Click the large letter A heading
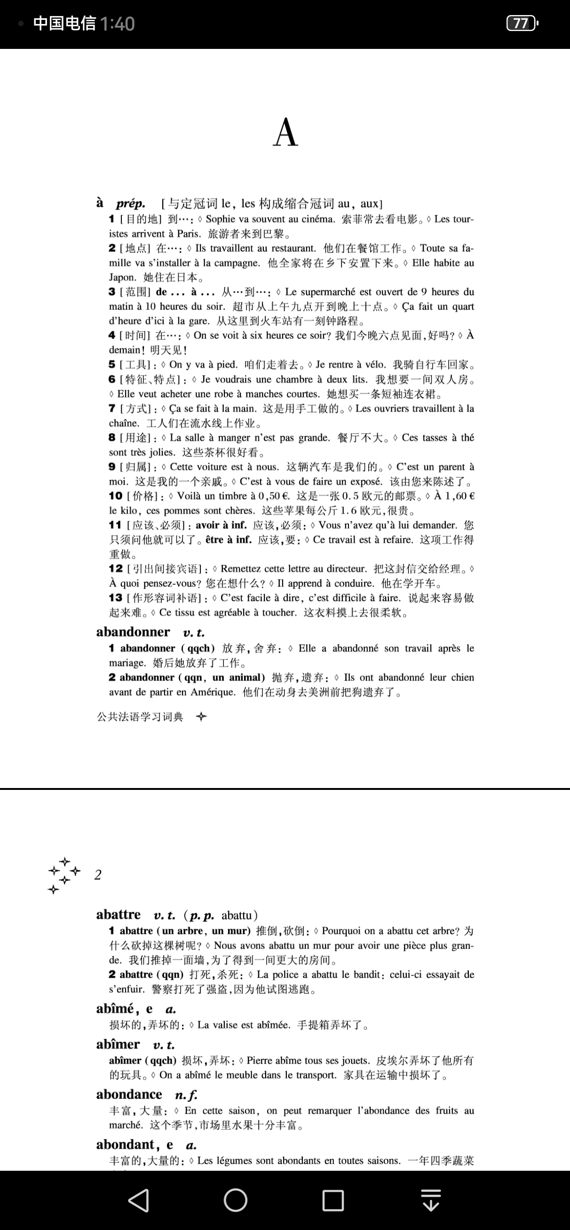286,133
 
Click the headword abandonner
133,632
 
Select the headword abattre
118,915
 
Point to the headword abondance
129,1094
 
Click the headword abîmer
118,1044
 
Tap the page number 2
98,875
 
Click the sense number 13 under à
115,598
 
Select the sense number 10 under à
115,496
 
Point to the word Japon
122,277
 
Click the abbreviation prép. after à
130,204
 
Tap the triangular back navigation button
139,1200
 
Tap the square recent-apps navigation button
333,1200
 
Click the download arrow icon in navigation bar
431,1200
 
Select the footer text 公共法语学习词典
140,717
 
